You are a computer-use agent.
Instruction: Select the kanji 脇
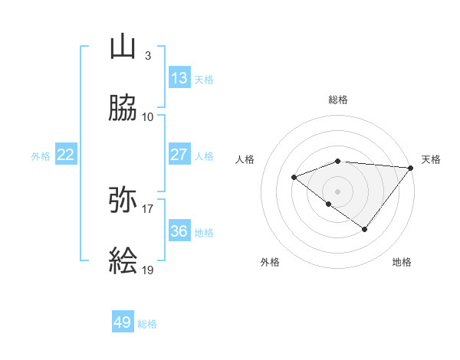point(123,109)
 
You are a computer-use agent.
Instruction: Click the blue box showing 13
point(179,78)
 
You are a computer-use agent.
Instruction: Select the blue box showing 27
point(179,155)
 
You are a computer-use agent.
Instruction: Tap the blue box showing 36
point(179,231)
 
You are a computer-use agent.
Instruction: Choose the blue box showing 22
point(65,155)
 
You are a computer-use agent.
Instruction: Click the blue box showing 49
point(123,322)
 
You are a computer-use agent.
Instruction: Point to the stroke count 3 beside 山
point(147,56)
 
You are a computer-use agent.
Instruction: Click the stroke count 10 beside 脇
point(148,117)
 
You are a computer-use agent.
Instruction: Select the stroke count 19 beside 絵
point(148,270)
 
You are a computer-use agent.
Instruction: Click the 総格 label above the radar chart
point(338,100)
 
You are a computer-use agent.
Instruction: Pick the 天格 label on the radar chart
point(431,159)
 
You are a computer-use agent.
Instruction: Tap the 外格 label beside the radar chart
point(270,262)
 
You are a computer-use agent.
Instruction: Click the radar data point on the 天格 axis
point(411,168)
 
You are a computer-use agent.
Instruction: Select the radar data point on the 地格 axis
point(365,229)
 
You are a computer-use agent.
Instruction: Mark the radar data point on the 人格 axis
point(294,178)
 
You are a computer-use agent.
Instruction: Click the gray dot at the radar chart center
point(337,191)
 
